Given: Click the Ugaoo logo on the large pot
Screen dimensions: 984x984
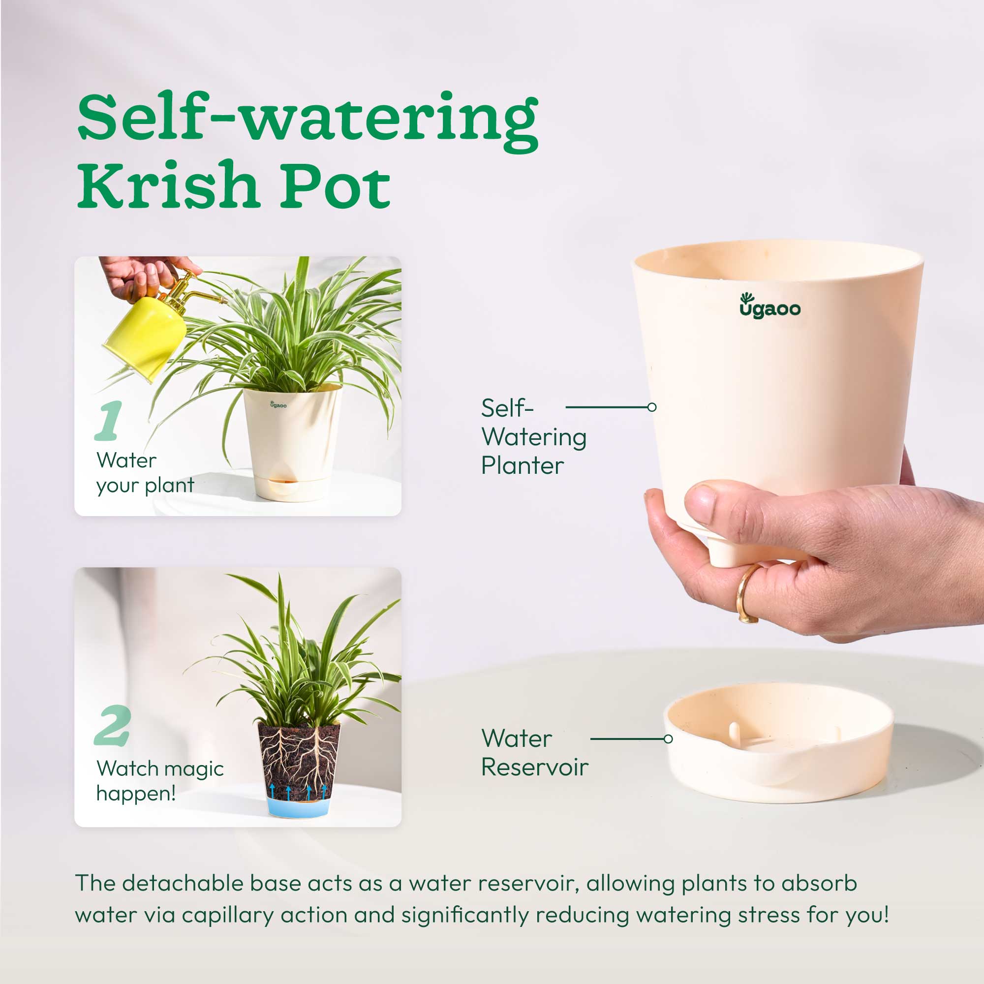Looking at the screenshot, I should (769, 306).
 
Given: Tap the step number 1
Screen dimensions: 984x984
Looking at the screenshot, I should (108, 421).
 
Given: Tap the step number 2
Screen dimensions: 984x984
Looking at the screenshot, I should (113, 725).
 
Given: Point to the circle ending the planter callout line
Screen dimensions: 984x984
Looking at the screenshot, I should (652, 407).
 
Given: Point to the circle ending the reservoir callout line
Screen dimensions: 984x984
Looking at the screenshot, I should (668, 738).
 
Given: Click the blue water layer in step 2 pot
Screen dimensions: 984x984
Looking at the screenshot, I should (299, 807).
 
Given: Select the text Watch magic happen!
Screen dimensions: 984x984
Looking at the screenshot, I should (159, 780).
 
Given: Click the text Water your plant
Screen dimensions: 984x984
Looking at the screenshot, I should (145, 473).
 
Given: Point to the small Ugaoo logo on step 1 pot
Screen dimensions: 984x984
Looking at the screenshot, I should (278, 404).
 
